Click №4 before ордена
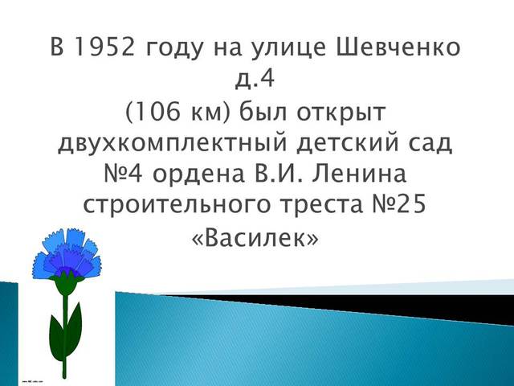tap(107, 175)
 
